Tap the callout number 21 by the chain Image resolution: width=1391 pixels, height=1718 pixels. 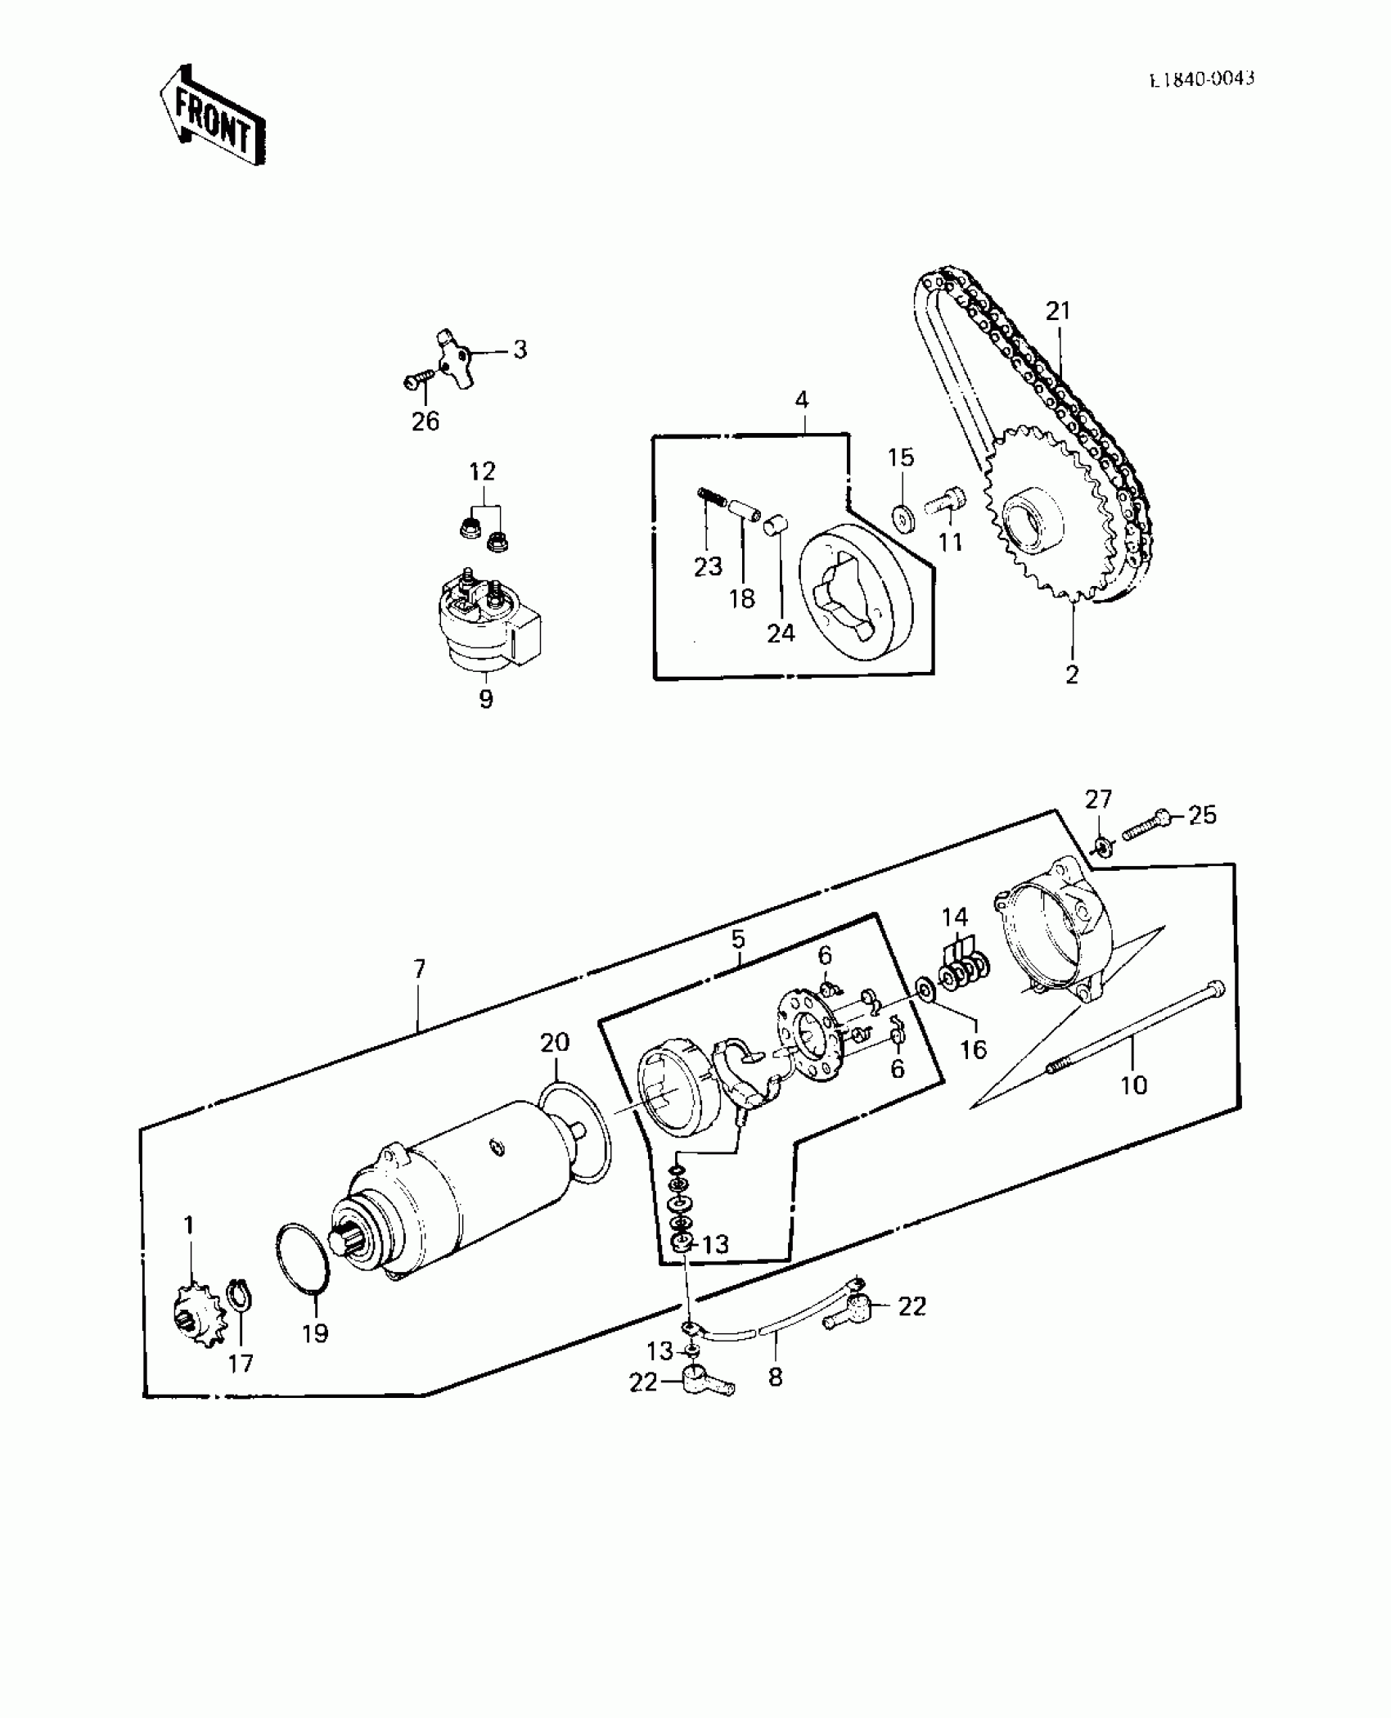pos(1057,311)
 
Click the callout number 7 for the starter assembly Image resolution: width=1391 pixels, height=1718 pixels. pos(419,970)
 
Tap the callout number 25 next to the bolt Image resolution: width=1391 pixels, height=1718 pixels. pos(1202,815)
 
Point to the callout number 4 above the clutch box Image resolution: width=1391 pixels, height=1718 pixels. pos(802,400)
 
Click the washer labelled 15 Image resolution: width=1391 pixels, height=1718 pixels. pos(903,519)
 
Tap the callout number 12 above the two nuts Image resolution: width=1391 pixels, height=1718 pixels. pos(482,471)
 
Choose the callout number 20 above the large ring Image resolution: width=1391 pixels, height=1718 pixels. pos(555,1042)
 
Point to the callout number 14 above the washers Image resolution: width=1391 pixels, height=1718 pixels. pos(955,917)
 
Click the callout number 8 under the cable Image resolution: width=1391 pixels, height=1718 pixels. pos(775,1377)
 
